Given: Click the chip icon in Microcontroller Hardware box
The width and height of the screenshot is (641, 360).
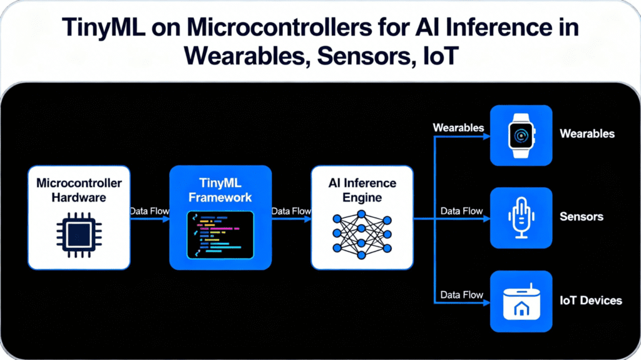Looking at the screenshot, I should click(x=78, y=235).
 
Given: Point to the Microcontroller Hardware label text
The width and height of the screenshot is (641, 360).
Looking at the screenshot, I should click(x=79, y=190).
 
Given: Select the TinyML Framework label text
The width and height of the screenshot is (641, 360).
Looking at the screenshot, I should click(x=220, y=190).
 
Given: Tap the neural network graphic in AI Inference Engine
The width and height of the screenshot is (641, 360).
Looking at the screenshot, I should click(x=362, y=235).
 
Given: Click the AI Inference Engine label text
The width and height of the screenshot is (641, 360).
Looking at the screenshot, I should click(x=362, y=190).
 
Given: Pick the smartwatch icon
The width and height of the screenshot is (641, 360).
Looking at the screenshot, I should click(x=521, y=135).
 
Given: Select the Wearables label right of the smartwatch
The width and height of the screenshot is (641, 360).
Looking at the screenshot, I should click(x=587, y=133).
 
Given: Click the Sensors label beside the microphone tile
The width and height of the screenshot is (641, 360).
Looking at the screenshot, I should click(x=581, y=217).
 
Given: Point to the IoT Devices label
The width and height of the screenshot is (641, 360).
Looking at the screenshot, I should click(x=590, y=301).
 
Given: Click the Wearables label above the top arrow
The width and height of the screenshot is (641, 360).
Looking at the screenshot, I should click(x=458, y=128).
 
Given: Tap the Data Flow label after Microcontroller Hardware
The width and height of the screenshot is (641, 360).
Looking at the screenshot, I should click(x=149, y=212).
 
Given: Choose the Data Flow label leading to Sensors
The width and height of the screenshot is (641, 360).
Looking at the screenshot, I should click(x=461, y=212).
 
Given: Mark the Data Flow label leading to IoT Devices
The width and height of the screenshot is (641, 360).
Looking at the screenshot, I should click(x=461, y=294).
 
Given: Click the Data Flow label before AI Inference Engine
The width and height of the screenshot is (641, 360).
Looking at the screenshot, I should click(x=291, y=212).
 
